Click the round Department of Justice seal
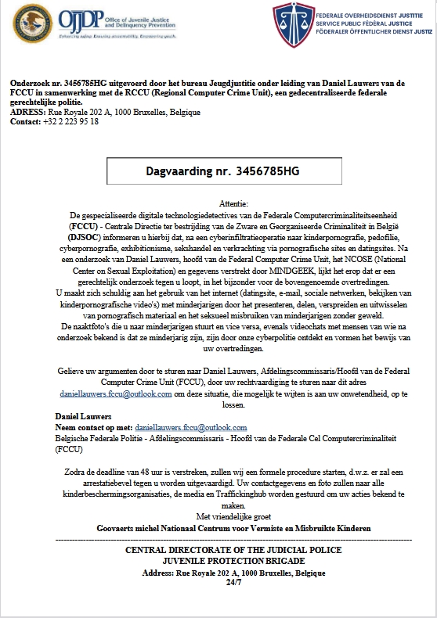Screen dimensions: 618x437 point(31,25)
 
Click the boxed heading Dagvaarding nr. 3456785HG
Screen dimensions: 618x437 point(223,170)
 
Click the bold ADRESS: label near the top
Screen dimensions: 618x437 point(28,112)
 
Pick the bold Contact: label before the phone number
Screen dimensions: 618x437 point(27,122)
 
